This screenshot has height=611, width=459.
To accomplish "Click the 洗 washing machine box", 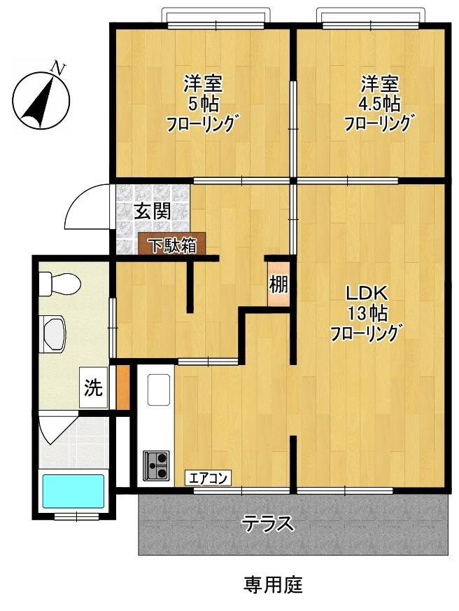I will click(93, 387).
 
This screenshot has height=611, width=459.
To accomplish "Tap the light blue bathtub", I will click(73, 491).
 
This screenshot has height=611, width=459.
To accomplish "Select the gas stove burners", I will click(157, 465).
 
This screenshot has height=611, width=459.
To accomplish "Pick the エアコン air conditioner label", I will click(208, 479).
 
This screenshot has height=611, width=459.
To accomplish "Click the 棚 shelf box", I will click(278, 285).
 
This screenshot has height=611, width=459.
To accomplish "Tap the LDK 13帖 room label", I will click(364, 312).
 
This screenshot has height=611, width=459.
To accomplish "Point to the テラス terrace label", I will click(268, 523).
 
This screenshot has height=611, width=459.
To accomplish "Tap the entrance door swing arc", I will click(87, 208).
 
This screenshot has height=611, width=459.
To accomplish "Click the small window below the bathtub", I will click(76, 517).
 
